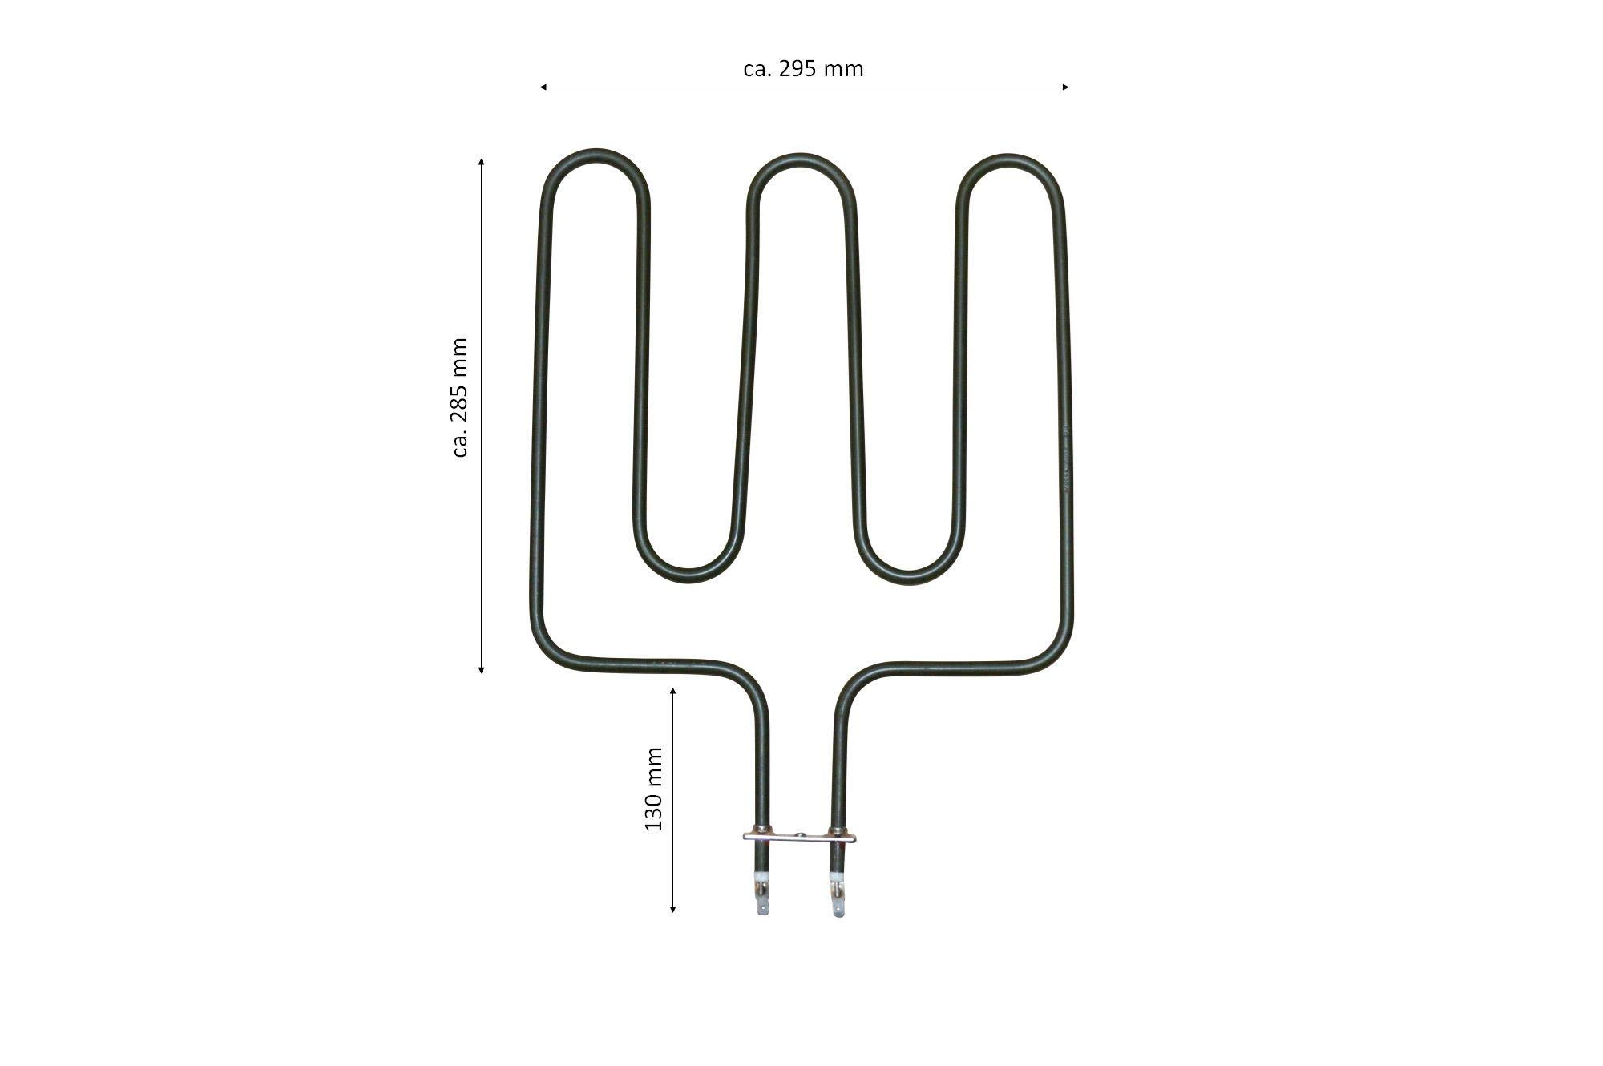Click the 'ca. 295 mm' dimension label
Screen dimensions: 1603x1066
pos(803,69)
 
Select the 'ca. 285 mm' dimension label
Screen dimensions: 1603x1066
pos(460,398)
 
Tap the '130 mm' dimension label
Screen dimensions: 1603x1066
pos(654,789)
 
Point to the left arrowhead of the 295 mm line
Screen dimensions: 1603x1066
pos(543,87)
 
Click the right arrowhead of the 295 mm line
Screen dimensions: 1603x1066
pos(1066,87)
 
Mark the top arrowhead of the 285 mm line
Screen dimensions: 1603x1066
pos(481,161)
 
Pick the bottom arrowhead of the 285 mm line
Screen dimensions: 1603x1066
pos(481,670)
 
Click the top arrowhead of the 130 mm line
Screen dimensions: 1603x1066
pos(673,690)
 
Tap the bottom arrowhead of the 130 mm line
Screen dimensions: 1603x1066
pos(673,909)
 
